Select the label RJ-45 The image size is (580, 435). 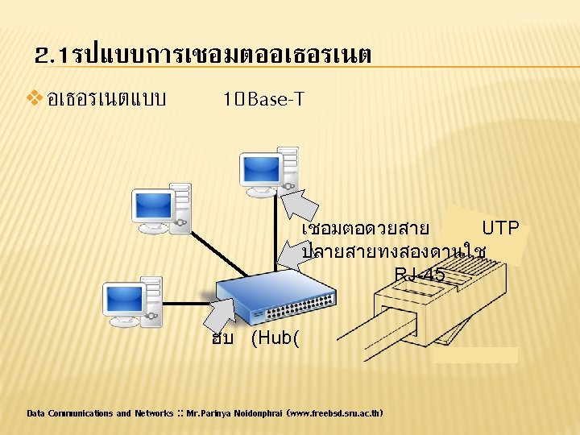point(419,275)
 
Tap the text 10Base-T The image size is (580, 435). point(263,100)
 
